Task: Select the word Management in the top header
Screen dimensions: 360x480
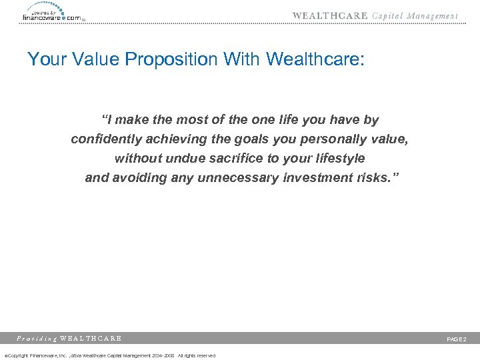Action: point(433,16)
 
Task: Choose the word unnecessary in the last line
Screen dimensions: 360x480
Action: point(243,178)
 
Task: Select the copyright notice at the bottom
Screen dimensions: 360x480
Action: point(110,355)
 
